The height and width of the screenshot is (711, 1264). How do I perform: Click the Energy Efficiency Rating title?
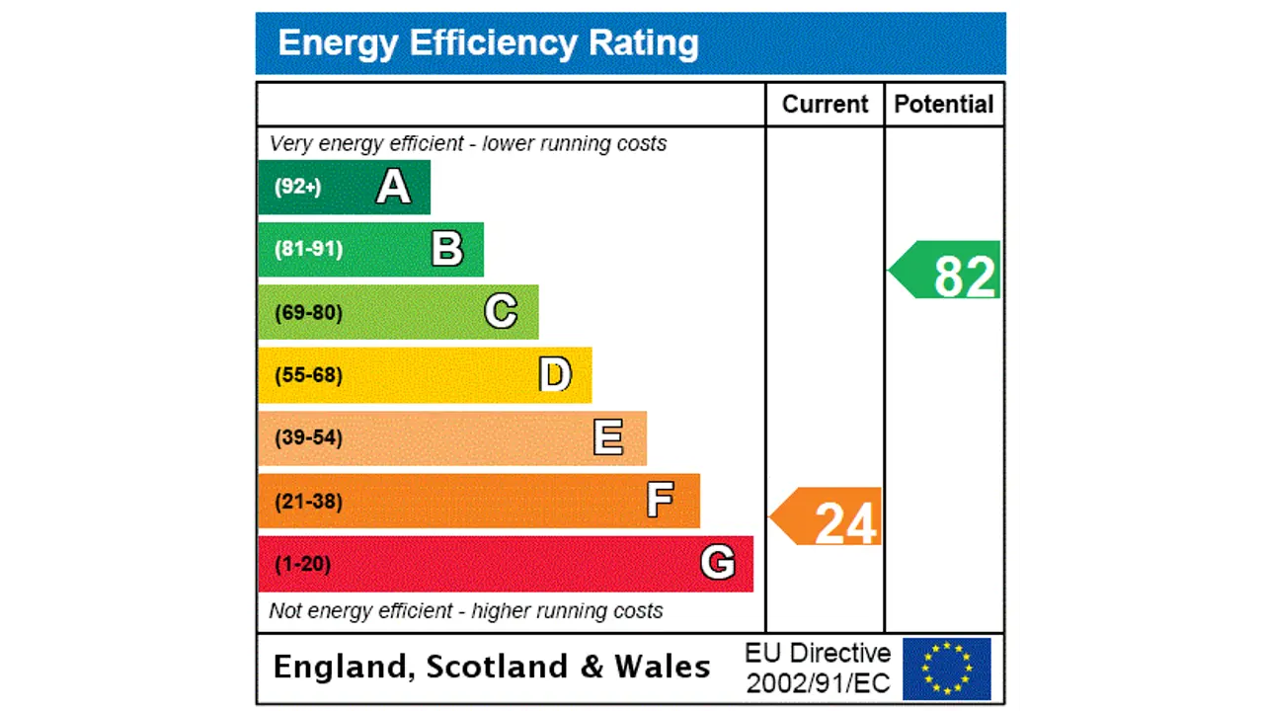click(x=488, y=43)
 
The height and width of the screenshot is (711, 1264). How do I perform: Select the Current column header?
click(x=825, y=105)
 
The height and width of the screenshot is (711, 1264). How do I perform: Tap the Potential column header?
click(x=943, y=105)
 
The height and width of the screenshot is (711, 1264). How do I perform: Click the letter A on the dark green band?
click(x=393, y=187)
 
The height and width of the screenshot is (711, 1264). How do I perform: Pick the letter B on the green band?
click(x=447, y=249)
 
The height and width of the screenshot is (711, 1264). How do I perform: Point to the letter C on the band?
click(x=501, y=312)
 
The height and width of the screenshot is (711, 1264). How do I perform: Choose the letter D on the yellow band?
click(x=555, y=375)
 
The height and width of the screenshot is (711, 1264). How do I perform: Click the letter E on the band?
click(x=608, y=437)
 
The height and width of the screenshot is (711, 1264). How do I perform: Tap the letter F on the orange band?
click(x=661, y=501)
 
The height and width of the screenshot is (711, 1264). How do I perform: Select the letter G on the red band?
click(x=717, y=563)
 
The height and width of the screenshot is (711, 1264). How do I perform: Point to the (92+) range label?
click(x=297, y=187)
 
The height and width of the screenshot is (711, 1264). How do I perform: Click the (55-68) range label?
click(x=308, y=375)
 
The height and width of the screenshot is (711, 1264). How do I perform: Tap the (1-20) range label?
click(x=302, y=564)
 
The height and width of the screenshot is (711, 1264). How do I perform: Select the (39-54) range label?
click(x=308, y=437)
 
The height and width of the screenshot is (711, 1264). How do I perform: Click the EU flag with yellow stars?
click(x=946, y=669)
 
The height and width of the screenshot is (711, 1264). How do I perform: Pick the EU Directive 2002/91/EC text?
click(x=818, y=668)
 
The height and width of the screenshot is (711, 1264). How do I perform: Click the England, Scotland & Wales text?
click(x=491, y=667)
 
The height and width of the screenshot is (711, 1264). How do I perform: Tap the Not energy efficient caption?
click(x=465, y=611)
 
